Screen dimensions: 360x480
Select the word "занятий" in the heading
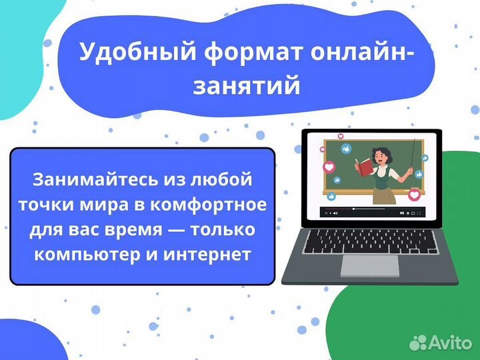[246, 86]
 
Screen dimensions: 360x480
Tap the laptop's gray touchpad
[370, 265]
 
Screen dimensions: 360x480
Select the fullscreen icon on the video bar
[421, 213]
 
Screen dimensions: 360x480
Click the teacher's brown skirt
[382, 194]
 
